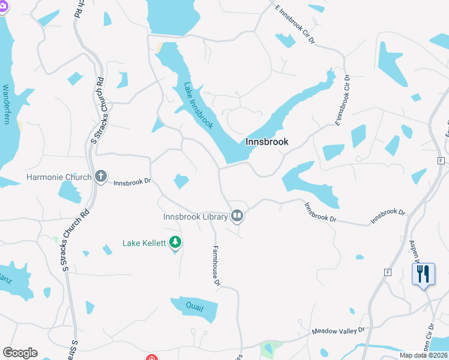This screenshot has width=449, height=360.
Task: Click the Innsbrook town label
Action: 267,142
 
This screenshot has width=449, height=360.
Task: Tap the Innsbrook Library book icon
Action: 238,216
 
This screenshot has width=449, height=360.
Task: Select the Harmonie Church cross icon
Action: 101,177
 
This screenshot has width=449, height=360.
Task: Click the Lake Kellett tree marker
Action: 175,242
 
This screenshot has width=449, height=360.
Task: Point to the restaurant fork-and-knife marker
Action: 424,274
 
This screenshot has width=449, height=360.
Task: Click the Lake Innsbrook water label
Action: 198,106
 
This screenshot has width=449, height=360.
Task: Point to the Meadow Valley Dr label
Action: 338,331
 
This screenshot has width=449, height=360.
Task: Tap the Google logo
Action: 20,353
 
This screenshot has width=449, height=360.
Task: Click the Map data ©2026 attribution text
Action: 424,355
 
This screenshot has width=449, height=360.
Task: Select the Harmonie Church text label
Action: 59,177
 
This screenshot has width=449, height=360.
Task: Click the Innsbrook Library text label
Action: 196,217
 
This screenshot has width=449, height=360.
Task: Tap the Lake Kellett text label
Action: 144,243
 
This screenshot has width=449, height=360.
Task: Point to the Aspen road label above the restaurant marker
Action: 414,246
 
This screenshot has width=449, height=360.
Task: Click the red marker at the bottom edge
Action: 152,358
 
